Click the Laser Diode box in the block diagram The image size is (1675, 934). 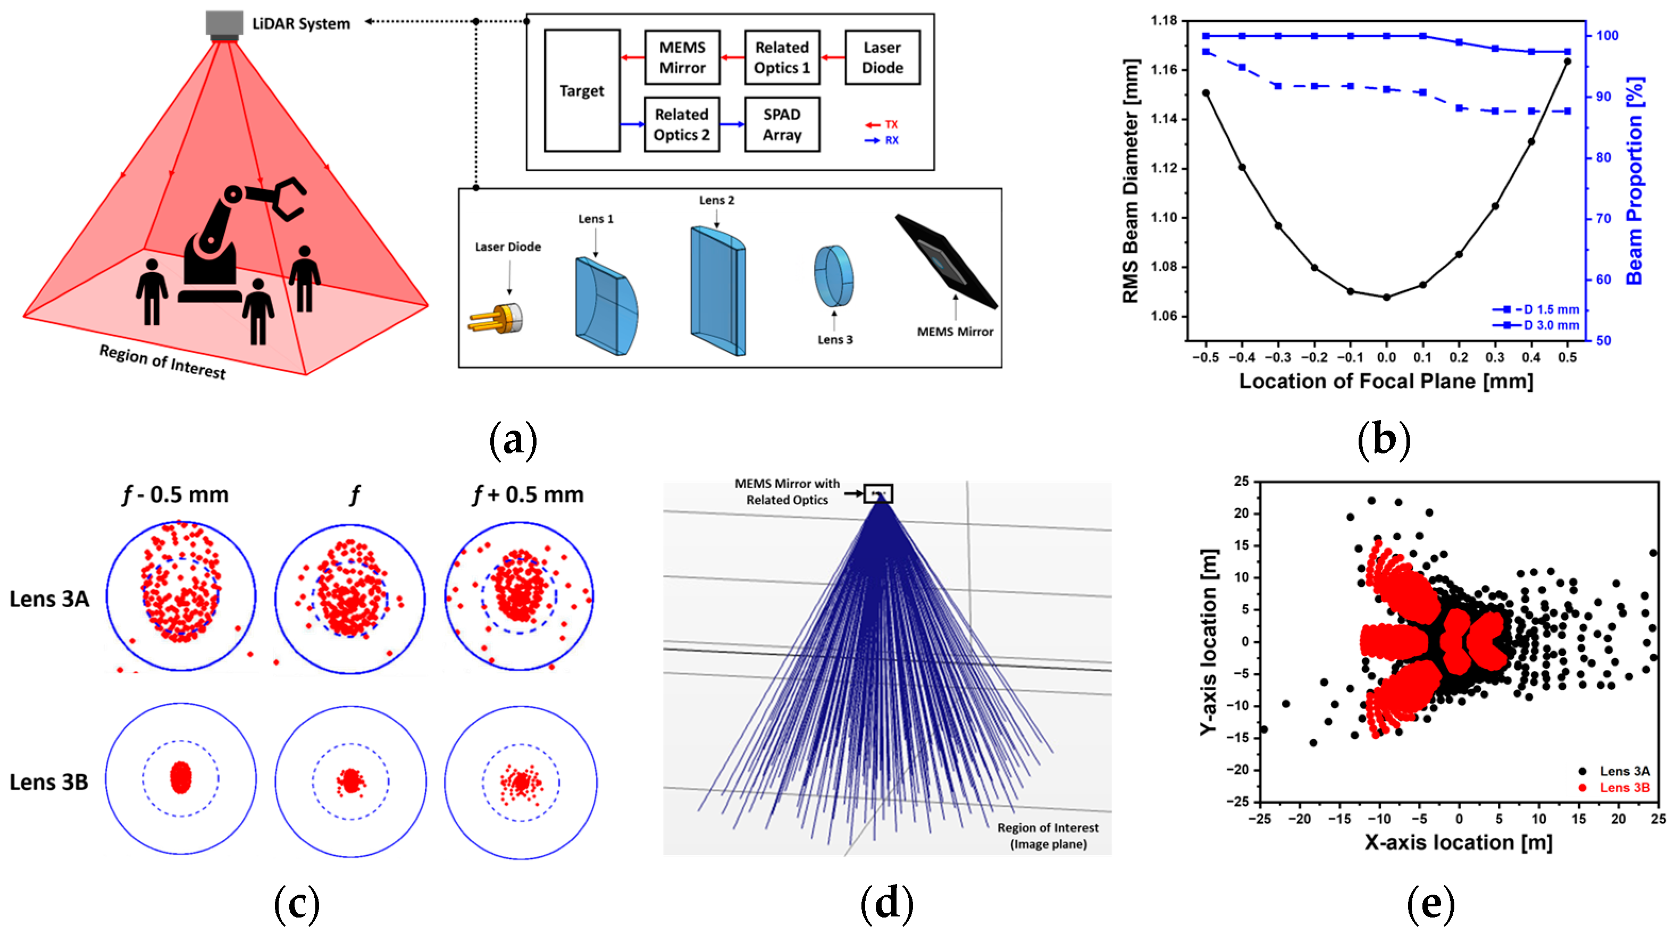point(882,57)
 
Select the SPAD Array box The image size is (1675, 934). point(782,124)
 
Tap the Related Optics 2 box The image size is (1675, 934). point(682,124)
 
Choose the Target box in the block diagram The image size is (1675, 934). point(581,90)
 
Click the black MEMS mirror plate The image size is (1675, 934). point(946,260)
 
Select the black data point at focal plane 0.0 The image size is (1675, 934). point(1386,297)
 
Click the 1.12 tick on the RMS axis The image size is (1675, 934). point(1163,169)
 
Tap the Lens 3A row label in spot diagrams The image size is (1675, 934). point(49,599)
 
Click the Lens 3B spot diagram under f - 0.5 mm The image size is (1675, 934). point(181,779)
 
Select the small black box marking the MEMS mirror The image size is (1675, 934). point(878,493)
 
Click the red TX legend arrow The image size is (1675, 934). point(873,125)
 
